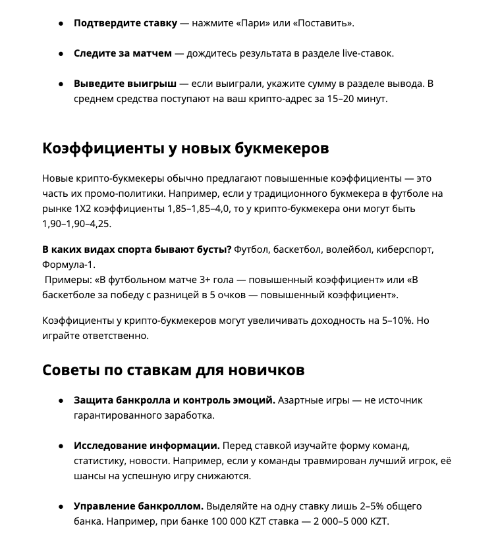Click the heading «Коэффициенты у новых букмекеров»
[x=185, y=148]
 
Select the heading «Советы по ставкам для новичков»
[x=173, y=370]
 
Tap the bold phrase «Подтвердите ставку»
[x=125, y=23]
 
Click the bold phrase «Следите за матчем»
[x=123, y=53]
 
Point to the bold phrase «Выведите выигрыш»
[x=125, y=84]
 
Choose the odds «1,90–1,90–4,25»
[x=77, y=224]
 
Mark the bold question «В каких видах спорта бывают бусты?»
[x=136, y=249]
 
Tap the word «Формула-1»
[x=69, y=265]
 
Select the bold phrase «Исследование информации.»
[x=146, y=446]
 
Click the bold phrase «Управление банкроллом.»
[x=138, y=506]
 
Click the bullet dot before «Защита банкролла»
[x=61, y=400]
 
